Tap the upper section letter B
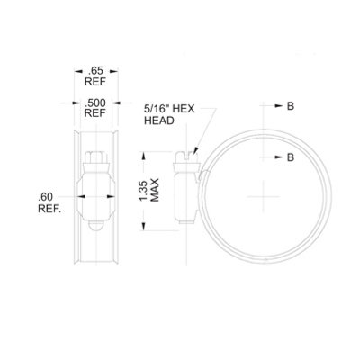tap(291, 107)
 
